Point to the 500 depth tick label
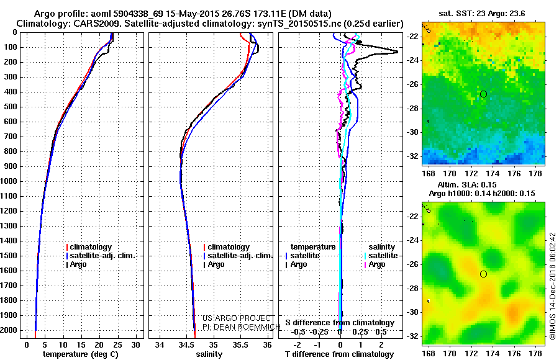[x=12, y=107]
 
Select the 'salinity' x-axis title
[x=209, y=354]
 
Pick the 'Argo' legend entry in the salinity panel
[x=216, y=264]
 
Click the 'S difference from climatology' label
[x=340, y=323]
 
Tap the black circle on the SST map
[x=483, y=94]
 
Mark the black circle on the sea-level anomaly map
[x=483, y=274]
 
